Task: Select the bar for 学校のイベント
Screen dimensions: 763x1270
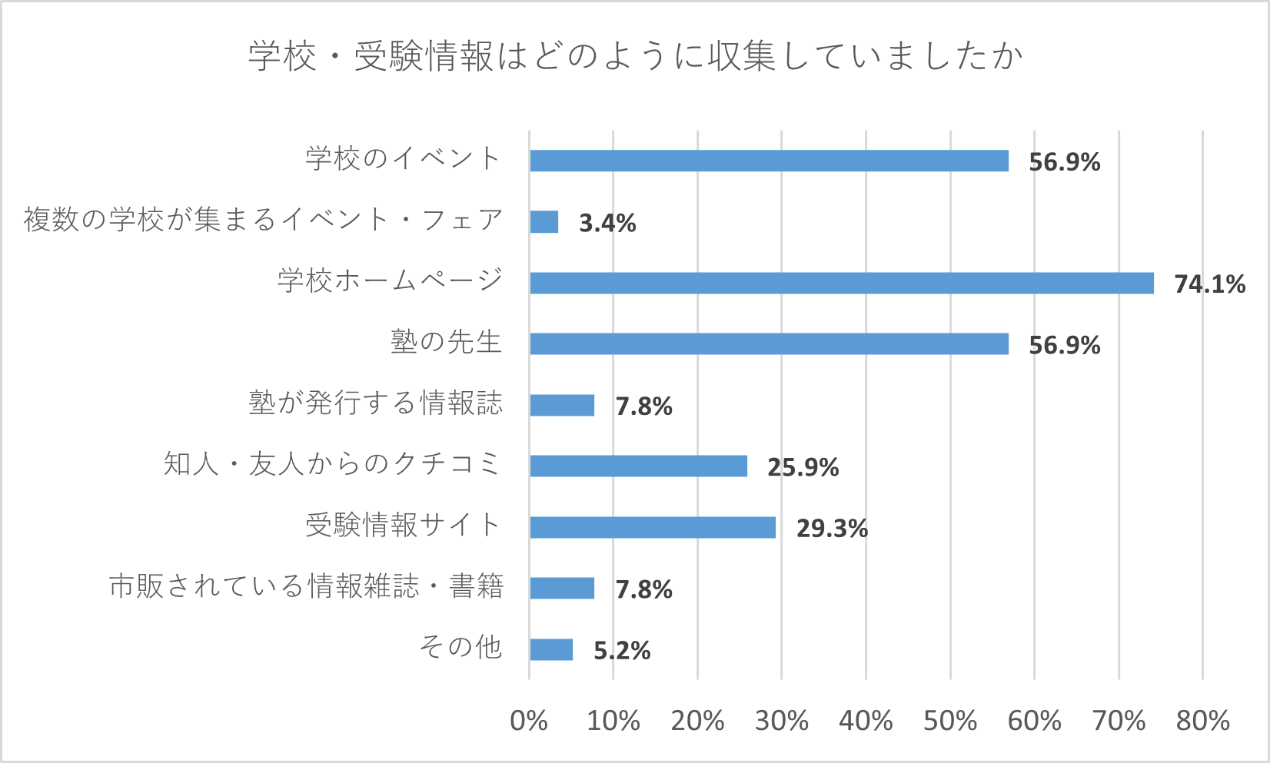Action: (769, 161)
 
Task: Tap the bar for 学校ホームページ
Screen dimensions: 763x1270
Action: (842, 283)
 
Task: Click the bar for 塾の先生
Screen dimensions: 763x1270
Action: (769, 343)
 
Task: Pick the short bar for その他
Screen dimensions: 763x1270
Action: (551, 649)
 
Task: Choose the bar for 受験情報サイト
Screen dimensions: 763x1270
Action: (653, 527)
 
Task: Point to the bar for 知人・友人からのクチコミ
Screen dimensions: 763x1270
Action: (638, 466)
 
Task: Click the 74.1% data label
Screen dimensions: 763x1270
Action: (1209, 284)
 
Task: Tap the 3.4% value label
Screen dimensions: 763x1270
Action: (607, 223)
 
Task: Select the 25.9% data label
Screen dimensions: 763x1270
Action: (803, 467)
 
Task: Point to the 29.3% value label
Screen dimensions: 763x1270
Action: (832, 529)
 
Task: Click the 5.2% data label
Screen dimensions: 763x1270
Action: (622, 651)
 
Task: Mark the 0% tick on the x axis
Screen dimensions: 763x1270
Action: (529, 721)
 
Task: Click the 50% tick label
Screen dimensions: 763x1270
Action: (950, 721)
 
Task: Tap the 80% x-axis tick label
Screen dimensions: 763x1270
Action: (1202, 721)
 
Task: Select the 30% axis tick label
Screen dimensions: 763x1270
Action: (782, 721)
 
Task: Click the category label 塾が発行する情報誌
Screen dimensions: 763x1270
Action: (375, 403)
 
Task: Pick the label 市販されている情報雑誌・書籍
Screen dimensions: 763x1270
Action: (306, 587)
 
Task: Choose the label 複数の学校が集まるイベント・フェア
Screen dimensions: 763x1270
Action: (263, 220)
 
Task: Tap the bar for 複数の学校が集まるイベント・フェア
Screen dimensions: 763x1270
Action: (544, 222)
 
